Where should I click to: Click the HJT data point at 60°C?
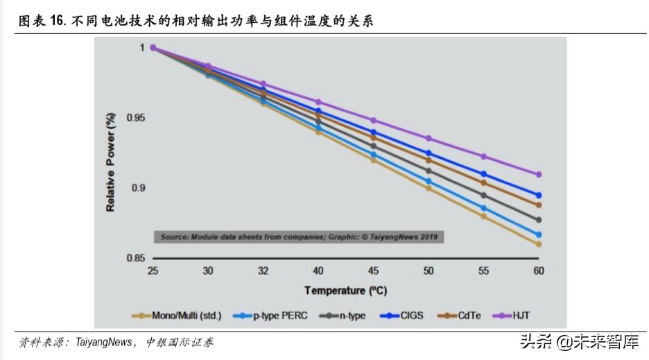(x=538, y=174)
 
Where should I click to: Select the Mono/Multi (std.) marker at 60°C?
(x=538, y=244)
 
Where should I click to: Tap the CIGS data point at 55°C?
(x=483, y=174)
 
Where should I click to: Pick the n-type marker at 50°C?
(x=429, y=171)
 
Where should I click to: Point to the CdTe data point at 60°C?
(x=538, y=205)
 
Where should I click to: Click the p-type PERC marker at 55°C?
(x=483, y=208)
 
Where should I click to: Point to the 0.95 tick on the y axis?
(x=136, y=118)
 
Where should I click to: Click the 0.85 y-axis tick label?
(x=136, y=258)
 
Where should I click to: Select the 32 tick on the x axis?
(x=263, y=271)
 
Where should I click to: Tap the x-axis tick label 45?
(x=373, y=271)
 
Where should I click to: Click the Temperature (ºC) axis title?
(x=345, y=291)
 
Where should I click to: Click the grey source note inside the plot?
(x=299, y=237)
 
